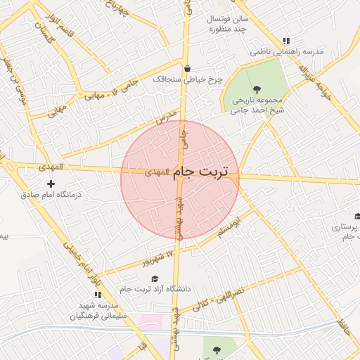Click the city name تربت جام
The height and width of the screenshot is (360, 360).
coord(205,172)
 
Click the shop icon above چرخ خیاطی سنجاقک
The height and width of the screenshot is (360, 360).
coord(187,69)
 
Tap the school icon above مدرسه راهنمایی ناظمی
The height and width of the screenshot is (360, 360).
coord(285,41)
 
